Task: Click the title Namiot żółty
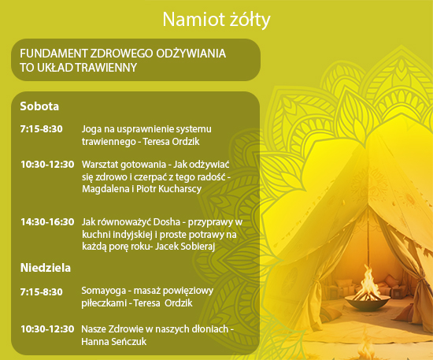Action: pos(216,20)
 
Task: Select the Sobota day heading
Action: pos(39,106)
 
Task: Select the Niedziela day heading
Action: pos(46,268)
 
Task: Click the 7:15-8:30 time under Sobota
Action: pos(42,129)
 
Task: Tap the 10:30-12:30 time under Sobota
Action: pos(47,165)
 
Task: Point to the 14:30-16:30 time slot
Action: pos(47,222)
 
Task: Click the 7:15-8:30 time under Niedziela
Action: pos(42,292)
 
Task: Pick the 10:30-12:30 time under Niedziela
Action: pos(47,329)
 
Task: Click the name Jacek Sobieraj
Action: pos(185,246)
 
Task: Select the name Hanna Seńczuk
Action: pos(114,342)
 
